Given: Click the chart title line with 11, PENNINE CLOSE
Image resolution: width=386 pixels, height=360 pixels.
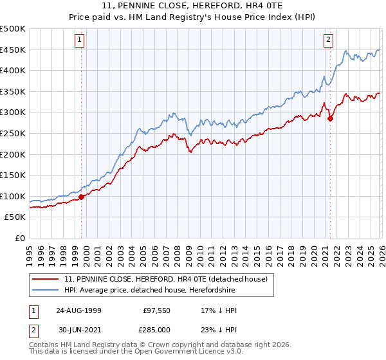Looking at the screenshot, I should [x=192, y=6].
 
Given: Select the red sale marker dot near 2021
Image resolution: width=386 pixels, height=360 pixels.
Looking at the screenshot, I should [x=330, y=118].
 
